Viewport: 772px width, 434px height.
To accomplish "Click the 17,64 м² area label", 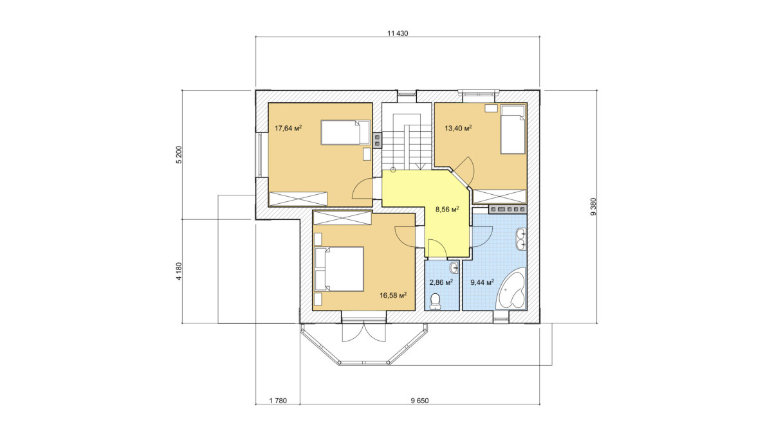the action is (x=288, y=129).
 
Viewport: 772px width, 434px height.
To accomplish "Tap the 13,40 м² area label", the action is (x=458, y=129).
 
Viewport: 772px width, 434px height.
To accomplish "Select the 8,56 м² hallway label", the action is (x=447, y=209).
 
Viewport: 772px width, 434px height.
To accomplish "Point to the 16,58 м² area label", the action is (x=393, y=295).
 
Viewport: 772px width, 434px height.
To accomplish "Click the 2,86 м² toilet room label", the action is (x=441, y=282).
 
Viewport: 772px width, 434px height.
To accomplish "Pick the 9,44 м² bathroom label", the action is (x=482, y=282).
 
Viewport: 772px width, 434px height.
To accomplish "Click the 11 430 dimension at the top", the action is (x=398, y=33).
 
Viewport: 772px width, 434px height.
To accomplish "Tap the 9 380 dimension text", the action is (x=593, y=206).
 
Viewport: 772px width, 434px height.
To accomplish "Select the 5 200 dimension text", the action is (x=179, y=155).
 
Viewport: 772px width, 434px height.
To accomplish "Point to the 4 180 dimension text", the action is (x=179, y=271).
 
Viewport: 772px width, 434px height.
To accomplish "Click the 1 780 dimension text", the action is (x=278, y=401).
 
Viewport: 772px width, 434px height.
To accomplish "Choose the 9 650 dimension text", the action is (x=419, y=401).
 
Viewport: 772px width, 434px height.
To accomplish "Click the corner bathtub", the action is (x=511, y=289).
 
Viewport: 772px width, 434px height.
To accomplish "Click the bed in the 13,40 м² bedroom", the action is (x=513, y=129).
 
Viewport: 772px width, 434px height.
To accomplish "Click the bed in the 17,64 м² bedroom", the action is (x=345, y=132).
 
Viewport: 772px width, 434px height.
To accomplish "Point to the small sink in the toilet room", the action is (x=454, y=267).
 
